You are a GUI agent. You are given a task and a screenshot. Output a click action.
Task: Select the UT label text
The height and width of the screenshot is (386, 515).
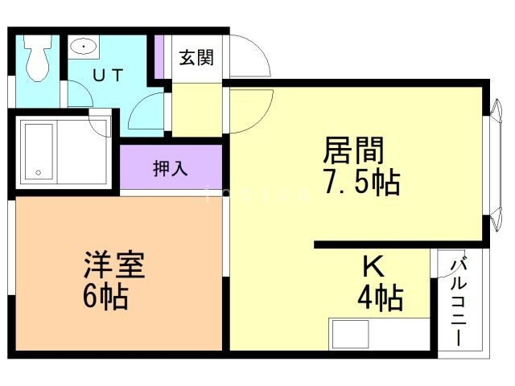click(x=107, y=76)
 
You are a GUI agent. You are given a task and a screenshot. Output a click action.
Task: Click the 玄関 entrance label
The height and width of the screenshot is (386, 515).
click(x=196, y=58)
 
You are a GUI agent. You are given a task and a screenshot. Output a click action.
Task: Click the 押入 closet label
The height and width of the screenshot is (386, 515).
click(x=171, y=169)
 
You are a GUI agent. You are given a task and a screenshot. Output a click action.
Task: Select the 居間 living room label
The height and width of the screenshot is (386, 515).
click(x=353, y=150)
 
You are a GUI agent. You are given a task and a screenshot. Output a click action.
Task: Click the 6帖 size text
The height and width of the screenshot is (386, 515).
click(x=106, y=297)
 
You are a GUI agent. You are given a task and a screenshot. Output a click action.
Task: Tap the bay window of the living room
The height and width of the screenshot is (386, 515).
click(x=492, y=164)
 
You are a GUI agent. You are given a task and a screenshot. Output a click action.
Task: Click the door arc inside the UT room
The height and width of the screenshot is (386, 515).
click(x=146, y=113)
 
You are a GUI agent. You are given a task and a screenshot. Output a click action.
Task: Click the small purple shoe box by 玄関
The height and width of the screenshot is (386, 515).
click(x=159, y=57)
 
